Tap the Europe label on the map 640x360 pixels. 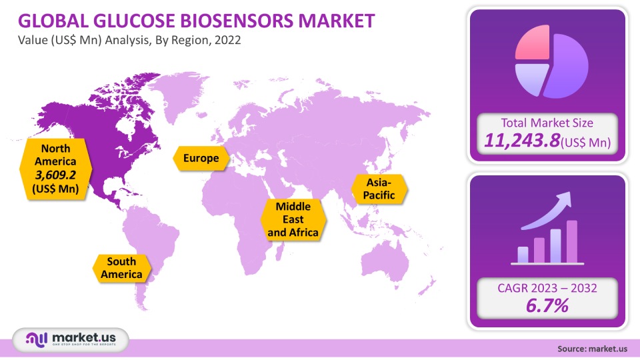pyautogui.click(x=201, y=159)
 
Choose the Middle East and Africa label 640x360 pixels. pyautogui.click(x=293, y=219)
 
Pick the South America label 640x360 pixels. pyautogui.click(x=121, y=268)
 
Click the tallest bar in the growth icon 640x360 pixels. pyautogui.click(x=571, y=241)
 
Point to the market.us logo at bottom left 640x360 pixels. pyautogui.click(x=70, y=340)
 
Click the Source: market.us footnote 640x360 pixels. pyautogui.click(x=592, y=349)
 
